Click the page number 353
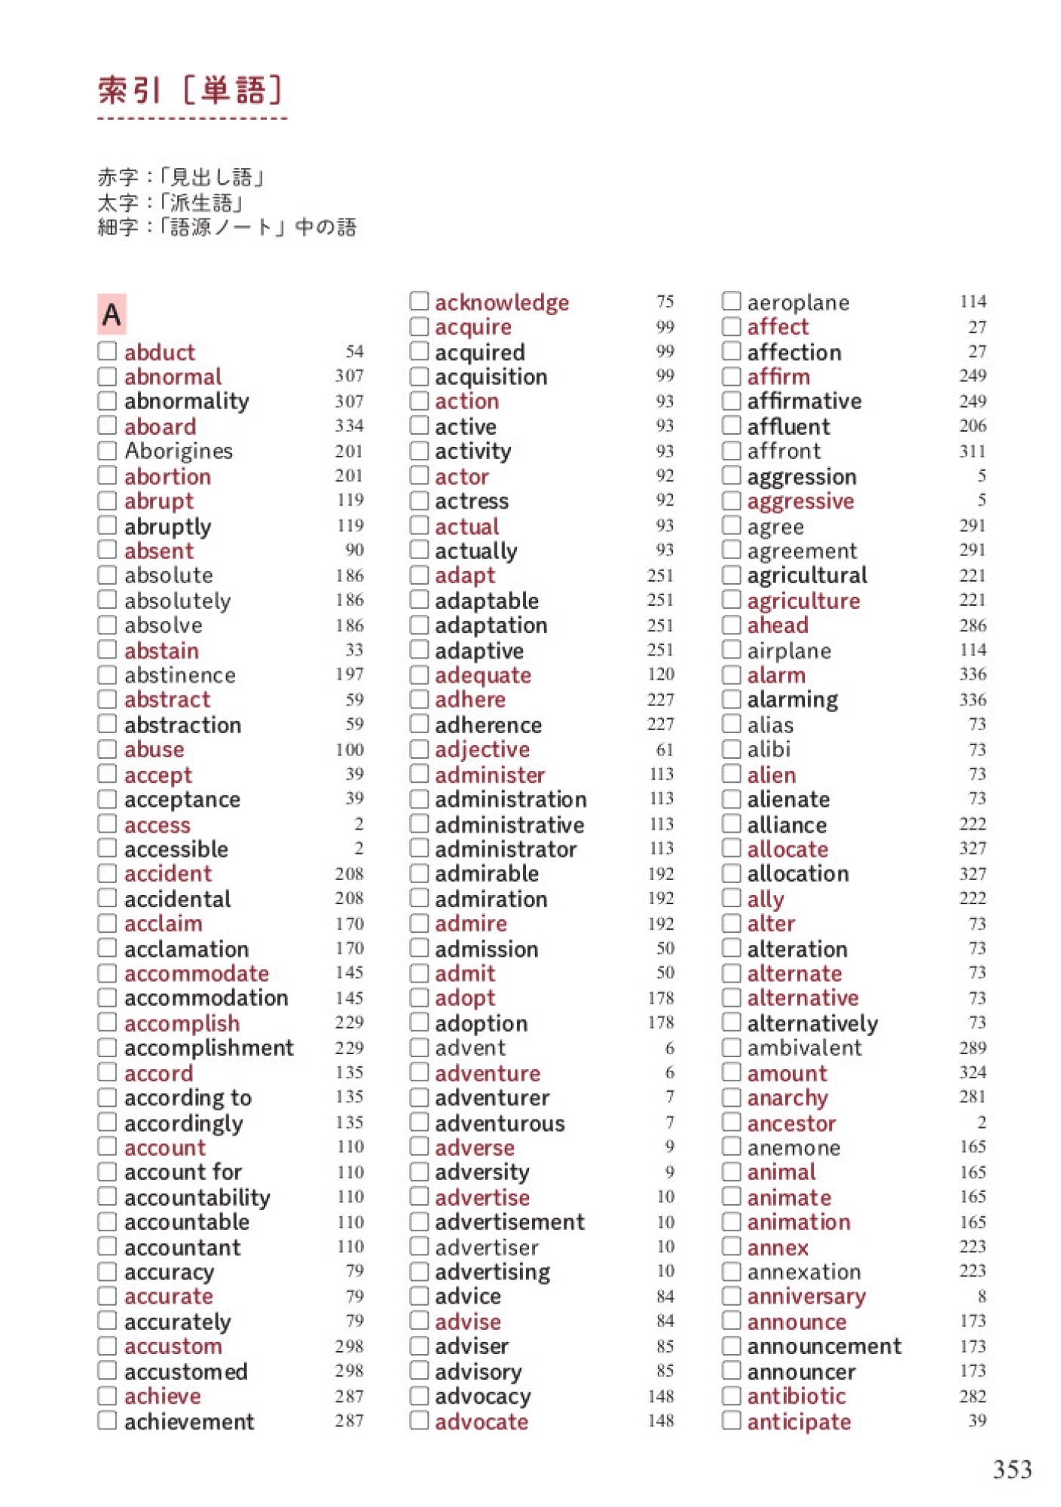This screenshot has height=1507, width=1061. point(1011,1469)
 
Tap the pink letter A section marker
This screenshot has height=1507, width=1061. point(112,313)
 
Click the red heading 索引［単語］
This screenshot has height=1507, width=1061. point(191,91)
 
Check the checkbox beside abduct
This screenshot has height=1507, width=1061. point(107,351)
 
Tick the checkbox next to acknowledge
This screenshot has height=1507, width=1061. point(419,301)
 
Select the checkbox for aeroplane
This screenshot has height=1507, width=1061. point(731,301)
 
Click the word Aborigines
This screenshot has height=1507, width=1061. point(179,451)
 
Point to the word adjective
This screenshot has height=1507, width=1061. point(482,750)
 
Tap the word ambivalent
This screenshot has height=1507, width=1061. point(804,1047)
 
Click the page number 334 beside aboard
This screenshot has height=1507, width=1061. point(350,426)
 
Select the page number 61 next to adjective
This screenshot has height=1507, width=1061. point(665,750)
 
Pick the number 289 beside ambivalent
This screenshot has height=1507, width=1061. point(972,1047)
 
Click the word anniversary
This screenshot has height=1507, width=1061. point(806,1296)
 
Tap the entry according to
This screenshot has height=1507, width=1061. point(188,1098)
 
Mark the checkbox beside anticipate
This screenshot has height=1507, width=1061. point(731,1420)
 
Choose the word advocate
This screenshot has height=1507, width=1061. point(482,1421)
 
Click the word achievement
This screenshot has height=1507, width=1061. point(189,1421)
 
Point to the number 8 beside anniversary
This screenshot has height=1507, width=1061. point(981,1296)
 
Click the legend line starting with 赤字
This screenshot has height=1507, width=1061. point(182,177)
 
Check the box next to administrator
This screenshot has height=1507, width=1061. point(419,848)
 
